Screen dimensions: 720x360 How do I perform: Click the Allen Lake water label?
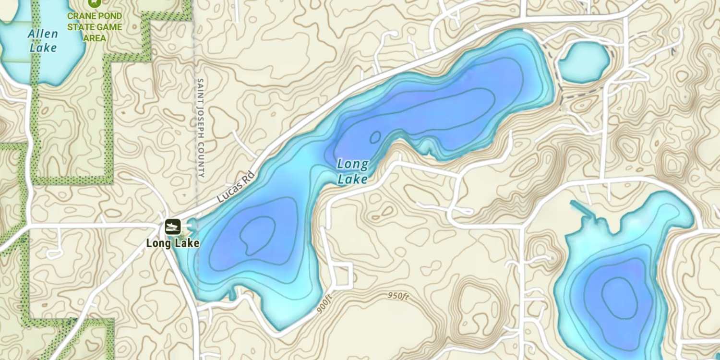pos(43,41)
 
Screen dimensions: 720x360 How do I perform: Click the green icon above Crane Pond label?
pos(95,3)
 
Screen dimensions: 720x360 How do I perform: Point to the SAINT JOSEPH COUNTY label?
pos(201,128)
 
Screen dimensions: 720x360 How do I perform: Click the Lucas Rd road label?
pos(235,187)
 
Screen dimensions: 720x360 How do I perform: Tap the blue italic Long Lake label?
pos(353,171)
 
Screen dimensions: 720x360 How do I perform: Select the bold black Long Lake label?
pos(173,243)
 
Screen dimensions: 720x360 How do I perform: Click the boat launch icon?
pos(173,226)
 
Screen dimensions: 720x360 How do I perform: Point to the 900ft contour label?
pos(325,304)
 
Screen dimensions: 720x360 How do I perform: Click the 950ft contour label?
pos(398,296)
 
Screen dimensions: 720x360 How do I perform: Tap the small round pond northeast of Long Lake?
pos(583,62)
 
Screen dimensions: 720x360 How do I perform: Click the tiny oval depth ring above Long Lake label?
pos(375,137)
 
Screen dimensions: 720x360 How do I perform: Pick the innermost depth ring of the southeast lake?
pos(620,298)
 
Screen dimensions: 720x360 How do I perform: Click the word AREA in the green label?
pos(95,38)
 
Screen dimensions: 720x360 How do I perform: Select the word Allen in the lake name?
pos(43,34)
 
